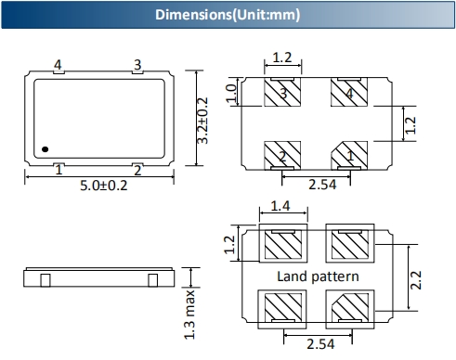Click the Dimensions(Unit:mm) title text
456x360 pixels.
(x=228, y=15)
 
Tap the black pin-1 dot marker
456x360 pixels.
(x=46, y=149)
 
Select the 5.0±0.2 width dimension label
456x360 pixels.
(x=104, y=186)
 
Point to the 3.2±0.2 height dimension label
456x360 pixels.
(x=202, y=121)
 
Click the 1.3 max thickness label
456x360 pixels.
(x=189, y=315)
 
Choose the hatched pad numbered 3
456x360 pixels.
(x=282, y=92)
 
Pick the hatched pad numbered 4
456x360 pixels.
(x=349, y=92)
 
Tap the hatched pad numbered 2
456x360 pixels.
(x=282, y=156)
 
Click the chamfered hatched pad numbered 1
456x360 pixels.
(x=349, y=156)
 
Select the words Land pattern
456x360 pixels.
(x=318, y=276)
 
